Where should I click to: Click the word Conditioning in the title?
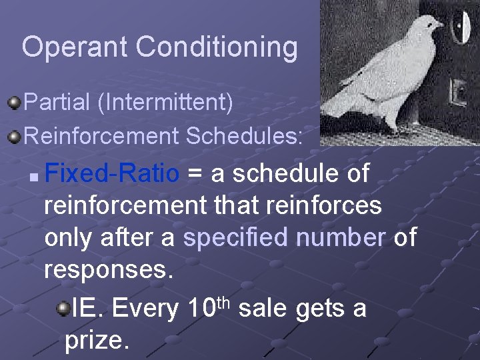pyautogui.click(x=217, y=48)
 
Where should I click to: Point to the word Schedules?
pyautogui.click(x=245, y=136)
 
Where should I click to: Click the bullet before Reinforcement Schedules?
pyautogui.click(x=14, y=137)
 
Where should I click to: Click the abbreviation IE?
pyautogui.click(x=88, y=308)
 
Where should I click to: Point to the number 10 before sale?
pyautogui.click(x=200, y=308)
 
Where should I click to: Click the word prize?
pyautogui.click(x=97, y=341)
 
